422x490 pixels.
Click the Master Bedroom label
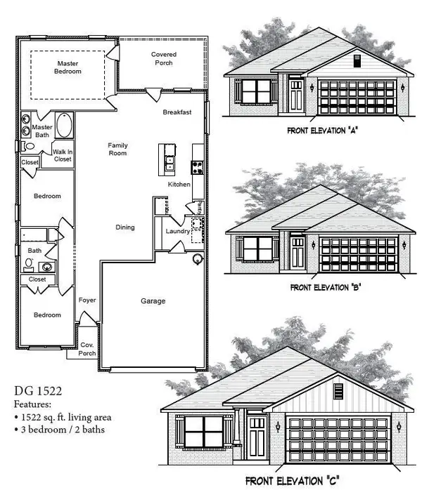click(69, 67)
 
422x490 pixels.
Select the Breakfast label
click(177, 112)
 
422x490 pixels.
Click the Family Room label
click(117, 149)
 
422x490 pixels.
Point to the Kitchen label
click(179, 184)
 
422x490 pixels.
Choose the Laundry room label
click(177, 231)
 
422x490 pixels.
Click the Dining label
click(125, 227)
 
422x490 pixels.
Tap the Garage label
click(153, 301)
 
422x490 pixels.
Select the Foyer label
click(87, 300)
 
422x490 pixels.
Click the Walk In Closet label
click(63, 156)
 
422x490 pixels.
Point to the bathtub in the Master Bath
click(65, 126)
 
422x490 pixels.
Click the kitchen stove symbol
click(198, 167)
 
